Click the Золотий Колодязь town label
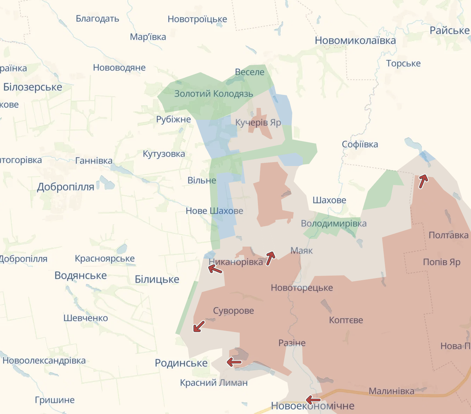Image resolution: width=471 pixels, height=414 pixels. (x=213, y=94)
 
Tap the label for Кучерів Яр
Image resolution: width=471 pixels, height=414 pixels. (x=258, y=123)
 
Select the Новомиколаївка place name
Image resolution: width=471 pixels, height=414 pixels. (x=355, y=41)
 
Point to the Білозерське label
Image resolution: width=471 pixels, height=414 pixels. (x=33, y=87)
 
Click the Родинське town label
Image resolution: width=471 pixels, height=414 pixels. (x=181, y=363)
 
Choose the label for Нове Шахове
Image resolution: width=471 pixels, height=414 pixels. (x=214, y=211)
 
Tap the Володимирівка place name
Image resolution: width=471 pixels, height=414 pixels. (x=334, y=223)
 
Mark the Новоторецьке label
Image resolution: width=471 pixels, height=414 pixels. (x=302, y=288)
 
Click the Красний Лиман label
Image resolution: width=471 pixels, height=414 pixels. (x=214, y=383)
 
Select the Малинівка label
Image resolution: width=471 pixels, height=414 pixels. (x=391, y=391)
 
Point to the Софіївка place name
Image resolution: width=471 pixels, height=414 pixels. (x=360, y=144)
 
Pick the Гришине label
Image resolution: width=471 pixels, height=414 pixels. (x=55, y=400)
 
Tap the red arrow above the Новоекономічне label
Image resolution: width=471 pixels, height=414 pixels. (x=313, y=400)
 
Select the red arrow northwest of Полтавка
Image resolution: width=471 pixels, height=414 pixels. (x=423, y=181)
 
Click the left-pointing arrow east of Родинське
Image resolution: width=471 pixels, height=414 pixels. (x=234, y=362)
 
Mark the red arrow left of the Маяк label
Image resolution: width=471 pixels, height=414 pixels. (x=270, y=258)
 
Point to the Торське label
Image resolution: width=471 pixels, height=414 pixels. (x=403, y=63)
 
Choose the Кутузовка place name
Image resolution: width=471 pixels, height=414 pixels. (x=164, y=154)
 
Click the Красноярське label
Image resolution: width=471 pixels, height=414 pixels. (x=104, y=258)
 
